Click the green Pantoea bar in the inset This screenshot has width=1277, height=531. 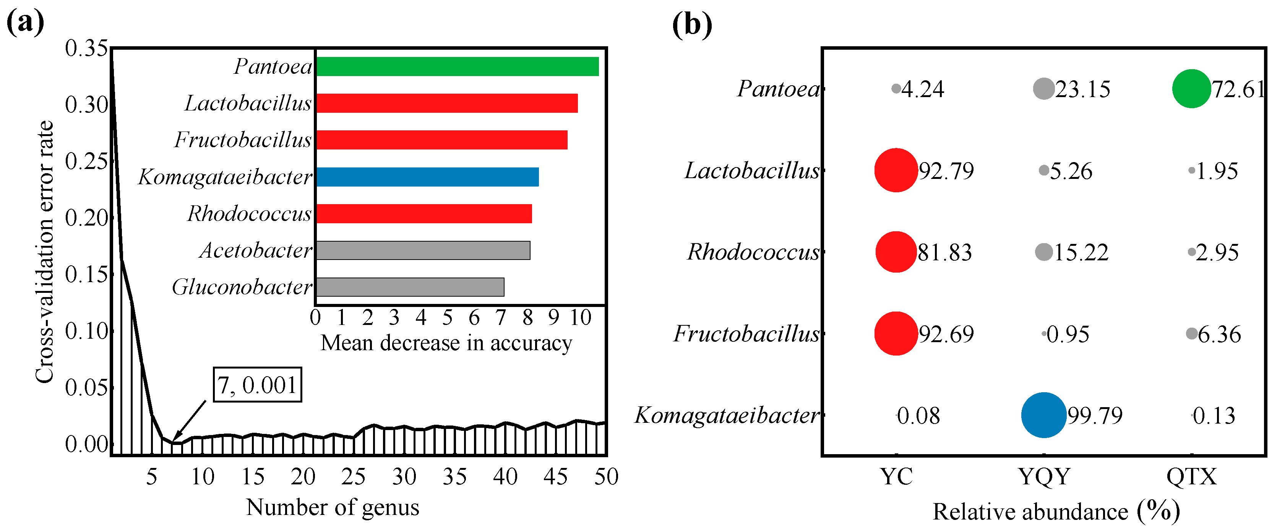coord(457,67)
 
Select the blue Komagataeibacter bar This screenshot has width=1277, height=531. coord(427,177)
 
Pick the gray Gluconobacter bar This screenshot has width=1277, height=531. coord(410,287)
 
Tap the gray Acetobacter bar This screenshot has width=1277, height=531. coord(423,250)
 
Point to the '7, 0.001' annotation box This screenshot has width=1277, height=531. coord(257,385)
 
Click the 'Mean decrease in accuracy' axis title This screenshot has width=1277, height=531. coord(446,343)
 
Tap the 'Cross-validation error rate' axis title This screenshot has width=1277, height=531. coord(45,252)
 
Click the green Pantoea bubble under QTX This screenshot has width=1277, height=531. coord(1191,89)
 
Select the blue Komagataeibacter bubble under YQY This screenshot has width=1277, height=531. coord(1043,415)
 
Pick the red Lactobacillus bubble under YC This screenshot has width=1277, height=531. coord(896,170)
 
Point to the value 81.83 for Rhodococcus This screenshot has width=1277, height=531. coord(944,252)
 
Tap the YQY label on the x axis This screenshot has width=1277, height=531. coord(1044,477)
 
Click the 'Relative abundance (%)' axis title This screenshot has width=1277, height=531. coord(1056,511)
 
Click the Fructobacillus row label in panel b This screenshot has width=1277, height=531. coord(746,334)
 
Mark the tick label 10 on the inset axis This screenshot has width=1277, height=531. coord(581,318)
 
